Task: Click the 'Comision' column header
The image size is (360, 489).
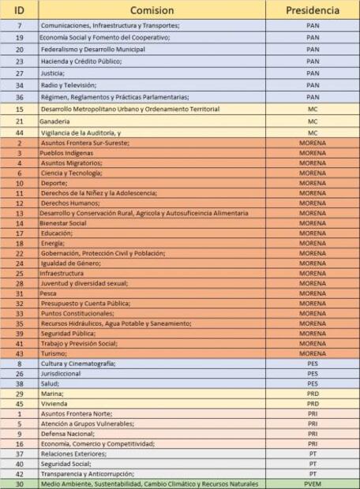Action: (x=151, y=10)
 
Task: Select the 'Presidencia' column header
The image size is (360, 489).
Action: (x=312, y=10)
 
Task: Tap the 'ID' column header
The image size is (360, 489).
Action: (x=20, y=10)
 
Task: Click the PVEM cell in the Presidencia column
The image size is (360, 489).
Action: (x=312, y=483)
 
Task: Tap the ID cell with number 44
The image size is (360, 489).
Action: (x=20, y=134)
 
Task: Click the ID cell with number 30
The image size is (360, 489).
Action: (x=20, y=483)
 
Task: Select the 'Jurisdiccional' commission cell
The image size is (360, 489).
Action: (x=62, y=373)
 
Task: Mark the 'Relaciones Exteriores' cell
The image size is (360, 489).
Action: (x=73, y=454)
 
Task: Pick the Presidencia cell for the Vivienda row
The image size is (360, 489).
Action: (x=312, y=403)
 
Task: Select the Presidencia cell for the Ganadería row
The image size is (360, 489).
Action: (x=312, y=122)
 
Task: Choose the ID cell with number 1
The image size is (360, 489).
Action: (x=20, y=413)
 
